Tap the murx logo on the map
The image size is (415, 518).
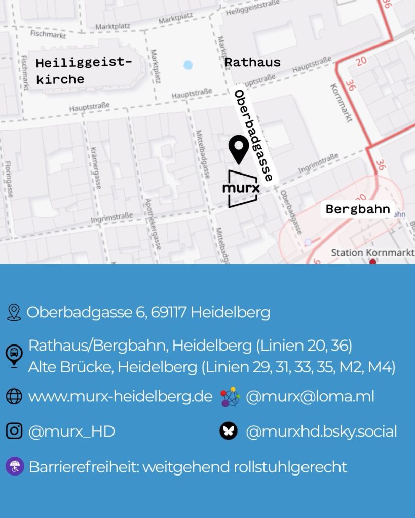tap(242, 189)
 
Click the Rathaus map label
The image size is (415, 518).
tap(252, 62)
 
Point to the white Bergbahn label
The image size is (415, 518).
tap(358, 209)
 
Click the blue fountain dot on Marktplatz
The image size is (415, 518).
tap(188, 65)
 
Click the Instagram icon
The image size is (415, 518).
tap(14, 431)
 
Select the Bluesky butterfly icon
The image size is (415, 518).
tap(229, 431)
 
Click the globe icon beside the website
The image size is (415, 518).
tap(14, 396)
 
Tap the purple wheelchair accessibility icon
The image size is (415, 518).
tap(15, 466)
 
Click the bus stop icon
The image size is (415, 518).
tap(14, 355)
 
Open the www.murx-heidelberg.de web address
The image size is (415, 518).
tap(120, 396)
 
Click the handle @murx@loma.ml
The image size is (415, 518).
tap(310, 396)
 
